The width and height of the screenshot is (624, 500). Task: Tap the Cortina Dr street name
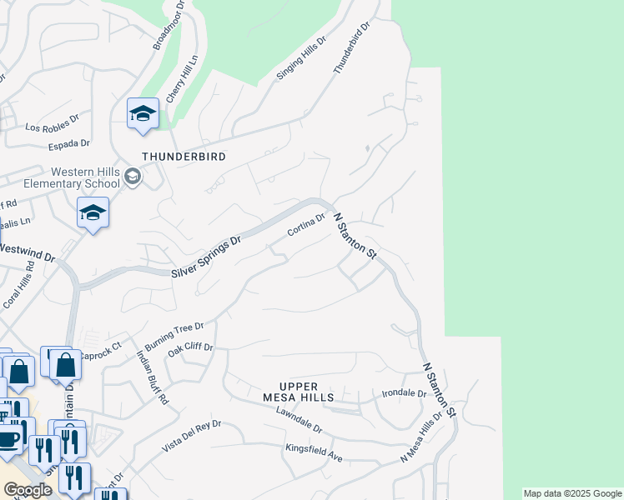[x=305, y=226]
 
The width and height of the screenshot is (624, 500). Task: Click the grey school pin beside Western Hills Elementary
[x=133, y=177]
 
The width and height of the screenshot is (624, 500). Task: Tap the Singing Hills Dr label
[x=301, y=59]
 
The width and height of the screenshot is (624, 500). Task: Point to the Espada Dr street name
[x=70, y=144]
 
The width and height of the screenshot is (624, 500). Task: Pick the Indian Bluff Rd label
[x=153, y=377]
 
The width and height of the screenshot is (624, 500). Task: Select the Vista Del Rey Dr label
[x=191, y=436]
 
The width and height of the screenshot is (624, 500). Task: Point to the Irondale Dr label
[x=404, y=393]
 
